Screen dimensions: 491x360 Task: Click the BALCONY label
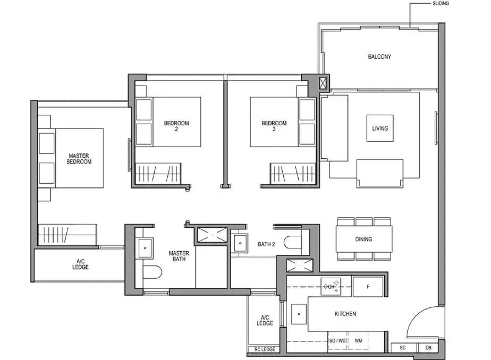pyautogui.click(x=379, y=57)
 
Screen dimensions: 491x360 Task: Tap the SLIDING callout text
pyautogui.click(x=441, y=3)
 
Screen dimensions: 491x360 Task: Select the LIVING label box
pyautogui.click(x=380, y=128)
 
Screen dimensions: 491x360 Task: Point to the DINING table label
pyautogui.click(x=363, y=239)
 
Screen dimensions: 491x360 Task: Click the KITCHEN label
pyautogui.click(x=345, y=314)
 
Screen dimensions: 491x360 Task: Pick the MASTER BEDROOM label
pyautogui.click(x=79, y=159)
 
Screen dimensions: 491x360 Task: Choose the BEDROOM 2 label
pyautogui.click(x=176, y=126)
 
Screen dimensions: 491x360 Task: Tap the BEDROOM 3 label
pyautogui.click(x=274, y=126)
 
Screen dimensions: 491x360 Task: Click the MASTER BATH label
pyautogui.click(x=179, y=256)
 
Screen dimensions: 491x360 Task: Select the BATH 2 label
pyautogui.click(x=266, y=244)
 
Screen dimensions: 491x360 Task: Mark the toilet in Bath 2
pyautogui.click(x=292, y=242)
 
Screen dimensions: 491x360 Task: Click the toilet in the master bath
pyautogui.click(x=153, y=272)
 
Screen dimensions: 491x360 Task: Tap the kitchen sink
pyautogui.click(x=299, y=314)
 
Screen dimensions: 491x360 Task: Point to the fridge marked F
pyautogui.click(x=368, y=287)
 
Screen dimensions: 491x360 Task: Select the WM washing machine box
pyautogui.click(x=358, y=341)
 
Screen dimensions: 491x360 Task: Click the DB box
pyautogui.click(x=428, y=348)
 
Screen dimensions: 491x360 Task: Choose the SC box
pyautogui.click(x=403, y=348)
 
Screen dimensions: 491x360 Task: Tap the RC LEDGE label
pyautogui.click(x=265, y=349)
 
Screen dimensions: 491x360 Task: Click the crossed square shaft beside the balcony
pyautogui.click(x=323, y=83)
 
